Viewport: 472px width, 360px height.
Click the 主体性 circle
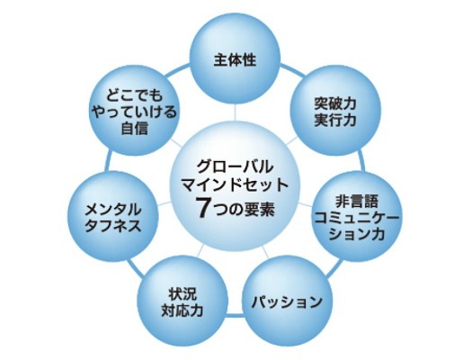[236, 58]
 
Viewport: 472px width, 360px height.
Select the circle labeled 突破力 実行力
[335, 111]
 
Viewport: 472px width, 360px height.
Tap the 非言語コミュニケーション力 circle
[357, 217]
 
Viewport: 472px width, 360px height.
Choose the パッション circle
[287, 301]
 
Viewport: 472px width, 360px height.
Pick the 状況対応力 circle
[183, 301]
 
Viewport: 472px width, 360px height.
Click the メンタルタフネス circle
[113, 217]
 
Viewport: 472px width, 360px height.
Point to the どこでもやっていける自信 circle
[135, 111]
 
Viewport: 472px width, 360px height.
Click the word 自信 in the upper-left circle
[134, 129]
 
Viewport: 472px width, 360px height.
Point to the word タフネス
[113, 225]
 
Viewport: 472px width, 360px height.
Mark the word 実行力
[335, 120]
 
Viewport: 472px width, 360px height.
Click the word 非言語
[357, 201]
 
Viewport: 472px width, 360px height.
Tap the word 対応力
[183, 310]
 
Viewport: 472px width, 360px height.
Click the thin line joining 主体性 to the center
[235, 112]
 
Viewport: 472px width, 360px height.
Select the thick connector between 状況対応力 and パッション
[235, 315]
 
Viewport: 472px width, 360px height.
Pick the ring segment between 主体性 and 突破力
[292, 69]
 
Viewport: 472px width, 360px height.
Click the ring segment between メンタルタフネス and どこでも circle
[108, 162]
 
